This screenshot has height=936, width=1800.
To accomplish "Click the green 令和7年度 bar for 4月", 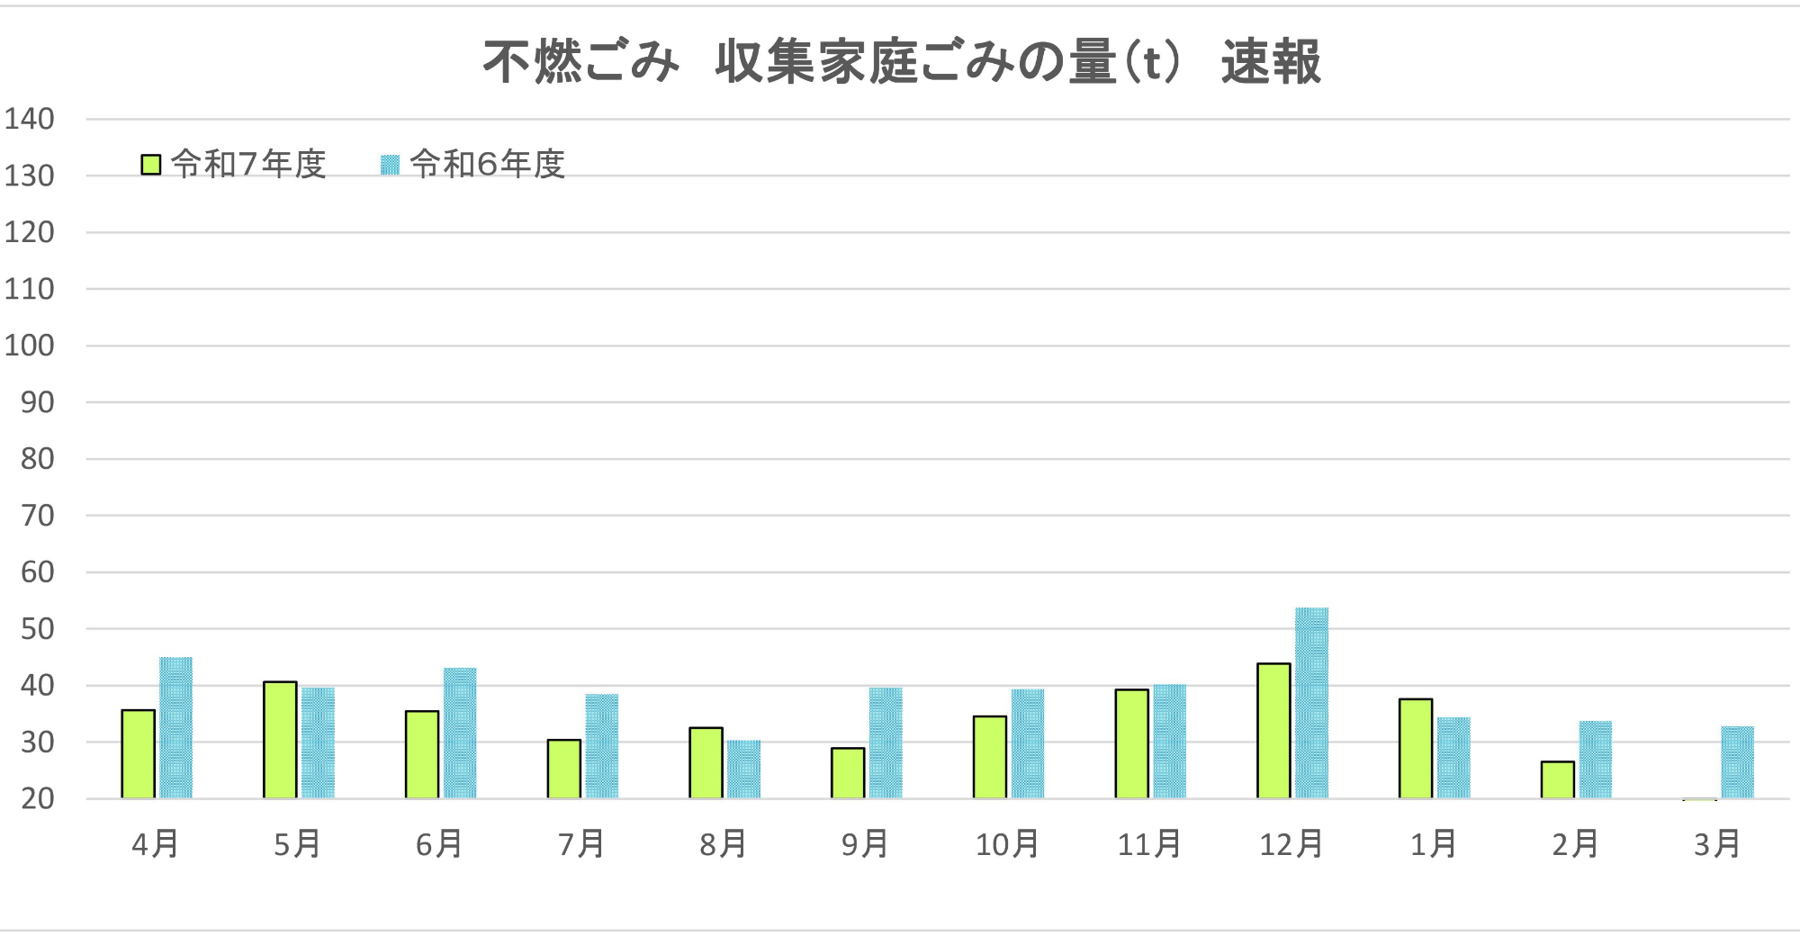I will click(139, 754).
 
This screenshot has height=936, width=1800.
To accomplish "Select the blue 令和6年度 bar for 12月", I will click(1311, 703).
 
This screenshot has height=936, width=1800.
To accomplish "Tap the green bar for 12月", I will click(1273, 731).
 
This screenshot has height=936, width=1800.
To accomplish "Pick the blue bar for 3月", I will click(1737, 762).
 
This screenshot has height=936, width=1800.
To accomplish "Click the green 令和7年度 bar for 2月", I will click(1557, 779).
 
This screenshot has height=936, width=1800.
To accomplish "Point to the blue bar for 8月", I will click(743, 769).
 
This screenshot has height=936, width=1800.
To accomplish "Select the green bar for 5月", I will click(280, 740).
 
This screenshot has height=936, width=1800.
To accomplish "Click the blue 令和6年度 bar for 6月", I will click(460, 733).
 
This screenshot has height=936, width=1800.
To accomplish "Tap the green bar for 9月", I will click(848, 773).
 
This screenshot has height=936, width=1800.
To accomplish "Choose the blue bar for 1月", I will click(1453, 758).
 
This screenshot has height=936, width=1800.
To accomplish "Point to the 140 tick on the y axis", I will click(30, 119).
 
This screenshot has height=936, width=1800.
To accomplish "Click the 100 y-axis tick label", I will click(30, 346).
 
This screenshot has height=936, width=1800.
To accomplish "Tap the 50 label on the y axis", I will click(37, 629).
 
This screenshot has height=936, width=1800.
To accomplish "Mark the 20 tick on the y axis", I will click(37, 798).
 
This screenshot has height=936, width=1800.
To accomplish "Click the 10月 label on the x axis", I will click(1007, 844).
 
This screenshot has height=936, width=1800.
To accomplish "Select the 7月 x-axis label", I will click(581, 844).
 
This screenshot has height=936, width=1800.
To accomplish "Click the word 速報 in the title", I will click(1270, 62).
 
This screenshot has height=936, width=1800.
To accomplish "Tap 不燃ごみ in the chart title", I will click(580, 62).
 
